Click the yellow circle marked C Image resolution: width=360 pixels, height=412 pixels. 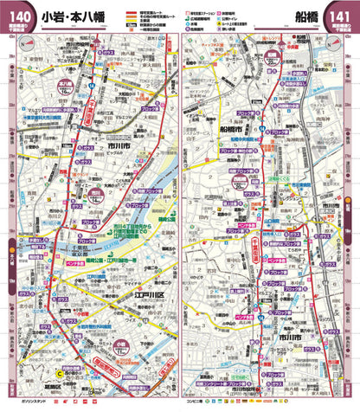click(60, 374)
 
